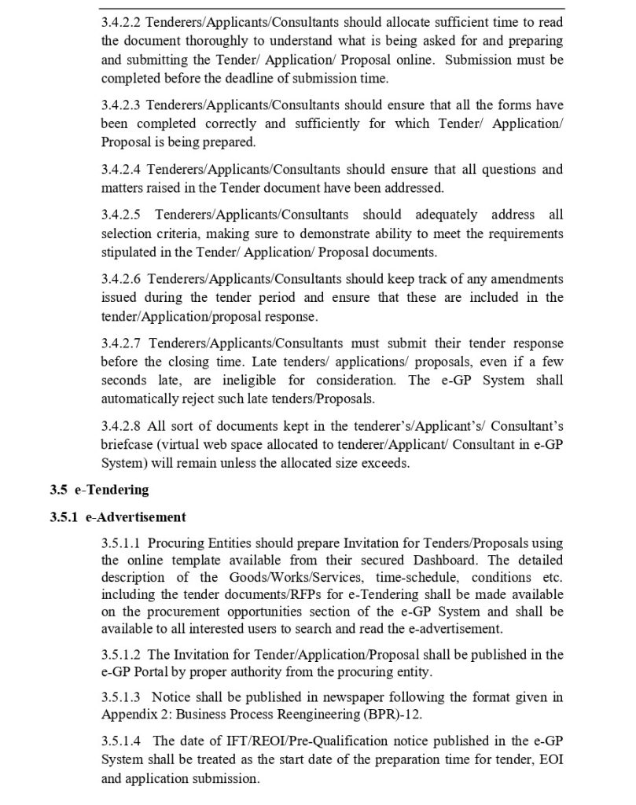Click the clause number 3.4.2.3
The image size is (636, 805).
tap(121, 105)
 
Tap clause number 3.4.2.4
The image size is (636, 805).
tap(121, 169)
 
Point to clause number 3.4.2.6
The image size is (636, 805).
tap(121, 279)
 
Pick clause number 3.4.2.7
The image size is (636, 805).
tap(121, 344)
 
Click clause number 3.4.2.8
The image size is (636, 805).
tap(121, 426)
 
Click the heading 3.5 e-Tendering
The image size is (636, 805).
tap(98, 490)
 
